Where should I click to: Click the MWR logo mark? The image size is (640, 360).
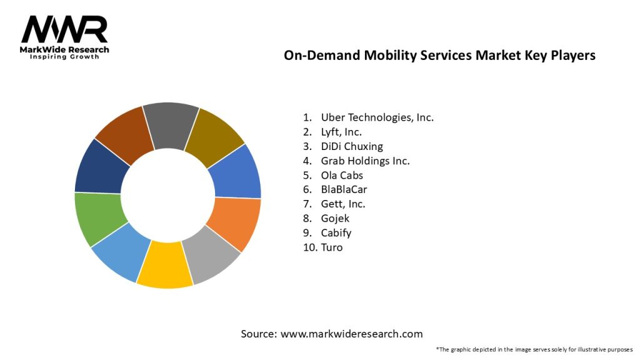64,29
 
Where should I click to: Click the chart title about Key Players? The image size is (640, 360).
439,55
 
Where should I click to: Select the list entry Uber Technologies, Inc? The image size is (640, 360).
377,117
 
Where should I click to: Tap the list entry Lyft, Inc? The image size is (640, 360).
341,132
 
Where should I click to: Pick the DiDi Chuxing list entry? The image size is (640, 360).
352,146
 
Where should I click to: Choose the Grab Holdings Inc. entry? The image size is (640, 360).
365,161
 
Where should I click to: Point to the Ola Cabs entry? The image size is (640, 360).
342,175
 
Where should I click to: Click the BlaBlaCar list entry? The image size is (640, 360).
344,189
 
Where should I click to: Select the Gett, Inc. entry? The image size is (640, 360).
343,204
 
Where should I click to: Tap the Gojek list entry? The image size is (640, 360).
336,218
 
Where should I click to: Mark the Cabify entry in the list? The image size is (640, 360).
336,232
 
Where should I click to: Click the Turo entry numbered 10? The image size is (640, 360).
332,247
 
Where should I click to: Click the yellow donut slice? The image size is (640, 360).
164,264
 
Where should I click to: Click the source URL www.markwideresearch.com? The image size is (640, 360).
351,334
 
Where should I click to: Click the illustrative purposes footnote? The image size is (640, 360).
534,349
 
